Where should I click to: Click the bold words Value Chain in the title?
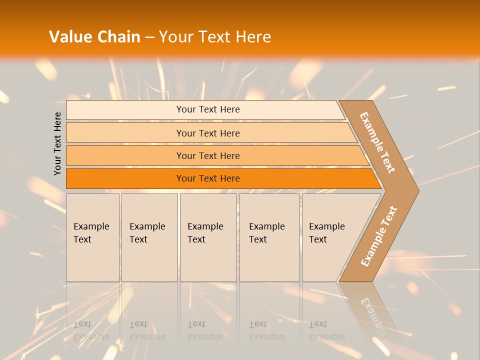click(94, 37)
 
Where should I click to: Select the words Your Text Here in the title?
click(215, 37)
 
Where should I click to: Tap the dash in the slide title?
click(149, 37)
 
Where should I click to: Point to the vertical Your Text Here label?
click(57, 144)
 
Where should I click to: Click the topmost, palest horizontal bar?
click(207, 109)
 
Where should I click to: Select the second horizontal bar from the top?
click(207, 133)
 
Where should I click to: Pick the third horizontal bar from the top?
click(207, 155)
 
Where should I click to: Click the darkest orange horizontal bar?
click(207, 178)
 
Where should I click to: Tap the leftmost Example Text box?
click(92, 237)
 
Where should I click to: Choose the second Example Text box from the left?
click(149, 237)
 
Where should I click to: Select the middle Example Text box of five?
click(207, 237)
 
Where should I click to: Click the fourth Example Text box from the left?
click(269, 237)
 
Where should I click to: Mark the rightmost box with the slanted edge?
click(330, 237)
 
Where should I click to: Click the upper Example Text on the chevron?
click(377, 142)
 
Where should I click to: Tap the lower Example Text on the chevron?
click(379, 236)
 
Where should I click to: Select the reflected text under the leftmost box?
click(91, 330)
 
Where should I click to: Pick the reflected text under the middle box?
click(205, 330)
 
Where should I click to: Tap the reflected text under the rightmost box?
click(326, 330)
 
